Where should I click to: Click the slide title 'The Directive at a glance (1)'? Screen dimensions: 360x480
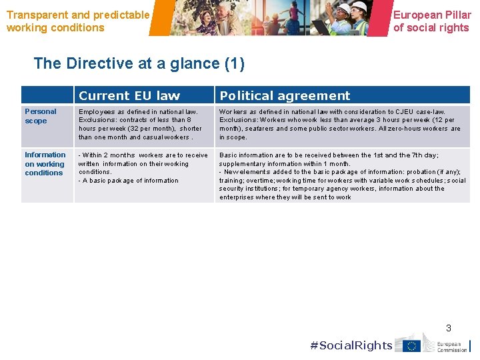(x=139, y=63)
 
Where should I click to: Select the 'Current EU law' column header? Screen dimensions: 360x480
(x=129, y=95)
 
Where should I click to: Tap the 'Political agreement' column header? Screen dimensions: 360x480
(x=285, y=95)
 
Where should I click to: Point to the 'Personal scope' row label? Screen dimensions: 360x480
(x=41, y=116)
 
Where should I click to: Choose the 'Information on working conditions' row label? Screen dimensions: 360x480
(x=45, y=163)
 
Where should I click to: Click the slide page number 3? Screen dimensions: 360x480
(x=449, y=327)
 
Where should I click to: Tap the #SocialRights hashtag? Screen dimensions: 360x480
(x=351, y=345)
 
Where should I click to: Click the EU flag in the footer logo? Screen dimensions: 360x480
(x=411, y=345)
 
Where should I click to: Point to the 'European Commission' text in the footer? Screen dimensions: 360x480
(x=452, y=346)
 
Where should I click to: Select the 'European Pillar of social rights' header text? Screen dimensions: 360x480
(x=432, y=21)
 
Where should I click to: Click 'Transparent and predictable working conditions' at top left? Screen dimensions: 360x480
(x=78, y=21)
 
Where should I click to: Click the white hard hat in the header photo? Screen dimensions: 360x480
(x=359, y=6)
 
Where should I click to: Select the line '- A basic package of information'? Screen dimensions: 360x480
(x=129, y=181)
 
